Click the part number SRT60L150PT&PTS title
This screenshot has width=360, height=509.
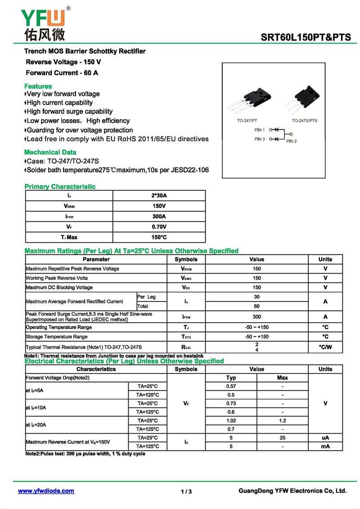click(306, 38)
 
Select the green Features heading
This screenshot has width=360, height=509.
click(38, 86)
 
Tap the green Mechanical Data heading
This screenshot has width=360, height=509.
click(50, 152)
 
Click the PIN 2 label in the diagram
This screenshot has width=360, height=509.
click(292, 141)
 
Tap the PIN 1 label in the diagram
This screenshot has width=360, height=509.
click(260, 130)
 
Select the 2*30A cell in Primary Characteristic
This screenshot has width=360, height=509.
click(159, 196)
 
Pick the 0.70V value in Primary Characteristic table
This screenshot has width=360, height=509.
click(159, 227)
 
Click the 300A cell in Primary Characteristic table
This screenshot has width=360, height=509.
click(159, 216)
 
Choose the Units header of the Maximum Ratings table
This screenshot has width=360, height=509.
click(325, 259)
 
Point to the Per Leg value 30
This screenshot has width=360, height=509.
click(256, 297)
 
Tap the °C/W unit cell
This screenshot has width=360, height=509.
click(325, 347)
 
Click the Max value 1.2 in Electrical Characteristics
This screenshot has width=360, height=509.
click(282, 420)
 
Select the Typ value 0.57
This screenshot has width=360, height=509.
click(231, 386)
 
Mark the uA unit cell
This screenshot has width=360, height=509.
click(325, 437)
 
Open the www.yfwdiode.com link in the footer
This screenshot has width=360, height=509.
click(46, 491)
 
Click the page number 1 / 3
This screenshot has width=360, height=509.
click(186, 491)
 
